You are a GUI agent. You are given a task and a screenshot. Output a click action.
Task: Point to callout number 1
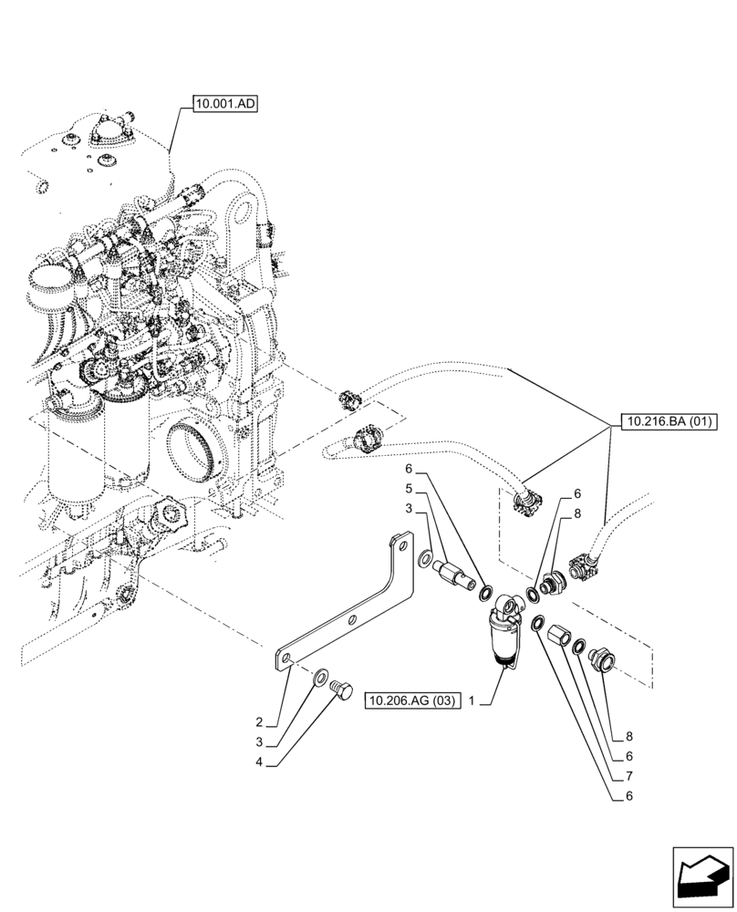[x=472, y=701]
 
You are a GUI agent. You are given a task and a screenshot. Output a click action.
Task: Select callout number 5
[x=410, y=489]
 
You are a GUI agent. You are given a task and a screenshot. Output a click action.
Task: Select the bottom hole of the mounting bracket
[x=285, y=655]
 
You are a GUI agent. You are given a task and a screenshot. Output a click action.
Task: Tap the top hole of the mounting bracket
[x=398, y=545]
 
